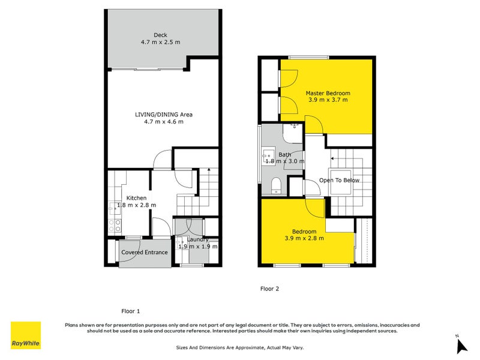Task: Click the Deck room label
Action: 160,34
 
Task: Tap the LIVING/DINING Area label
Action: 163,114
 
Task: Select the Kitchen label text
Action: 136,198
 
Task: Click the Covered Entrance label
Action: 145,253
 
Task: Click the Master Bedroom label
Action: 328,93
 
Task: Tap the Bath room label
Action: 284,154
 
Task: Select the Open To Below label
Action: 340,180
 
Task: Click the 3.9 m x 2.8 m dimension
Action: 304,238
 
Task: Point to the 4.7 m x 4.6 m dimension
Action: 163,122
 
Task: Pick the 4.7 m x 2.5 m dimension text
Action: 160,42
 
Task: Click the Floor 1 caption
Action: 130,311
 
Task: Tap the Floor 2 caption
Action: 269,289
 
